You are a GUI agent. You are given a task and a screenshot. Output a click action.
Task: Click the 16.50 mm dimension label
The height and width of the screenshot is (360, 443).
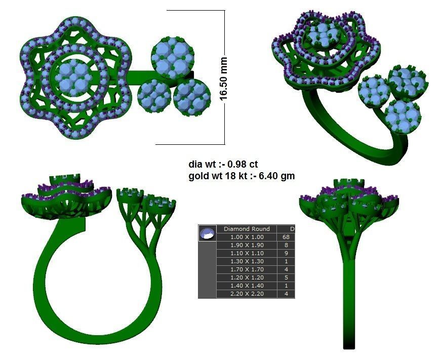click(223, 78)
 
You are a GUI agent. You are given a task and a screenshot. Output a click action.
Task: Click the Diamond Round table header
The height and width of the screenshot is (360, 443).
click(247, 229)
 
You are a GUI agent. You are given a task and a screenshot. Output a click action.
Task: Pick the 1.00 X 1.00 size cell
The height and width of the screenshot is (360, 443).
click(247, 237)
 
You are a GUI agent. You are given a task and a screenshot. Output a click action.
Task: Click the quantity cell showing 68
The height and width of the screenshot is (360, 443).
click(286, 237)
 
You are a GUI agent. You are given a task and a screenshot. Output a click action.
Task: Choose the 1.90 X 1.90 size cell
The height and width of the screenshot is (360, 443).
click(247, 245)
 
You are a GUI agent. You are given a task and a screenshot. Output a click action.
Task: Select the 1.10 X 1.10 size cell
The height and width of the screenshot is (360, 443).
click(247, 253)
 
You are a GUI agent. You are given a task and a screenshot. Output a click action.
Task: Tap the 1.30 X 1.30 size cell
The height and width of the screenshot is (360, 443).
click(247, 261)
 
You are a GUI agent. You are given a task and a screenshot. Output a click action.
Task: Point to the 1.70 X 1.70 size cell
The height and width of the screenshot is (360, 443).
click(247, 269)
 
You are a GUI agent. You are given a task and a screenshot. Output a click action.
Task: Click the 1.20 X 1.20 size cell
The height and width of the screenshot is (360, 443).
click(247, 277)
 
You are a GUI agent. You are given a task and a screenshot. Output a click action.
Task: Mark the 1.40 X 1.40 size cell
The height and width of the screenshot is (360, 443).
click(247, 286)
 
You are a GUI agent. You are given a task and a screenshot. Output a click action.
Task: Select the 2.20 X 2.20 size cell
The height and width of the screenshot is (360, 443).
click(247, 294)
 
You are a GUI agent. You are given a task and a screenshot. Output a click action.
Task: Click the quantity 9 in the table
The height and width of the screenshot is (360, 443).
click(286, 253)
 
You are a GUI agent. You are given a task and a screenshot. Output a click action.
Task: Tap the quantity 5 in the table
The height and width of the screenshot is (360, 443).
click(286, 277)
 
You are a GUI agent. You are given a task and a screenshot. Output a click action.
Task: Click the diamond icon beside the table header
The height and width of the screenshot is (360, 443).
click(207, 233)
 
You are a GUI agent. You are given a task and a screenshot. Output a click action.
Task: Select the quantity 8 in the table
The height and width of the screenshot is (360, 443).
click(286, 245)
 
